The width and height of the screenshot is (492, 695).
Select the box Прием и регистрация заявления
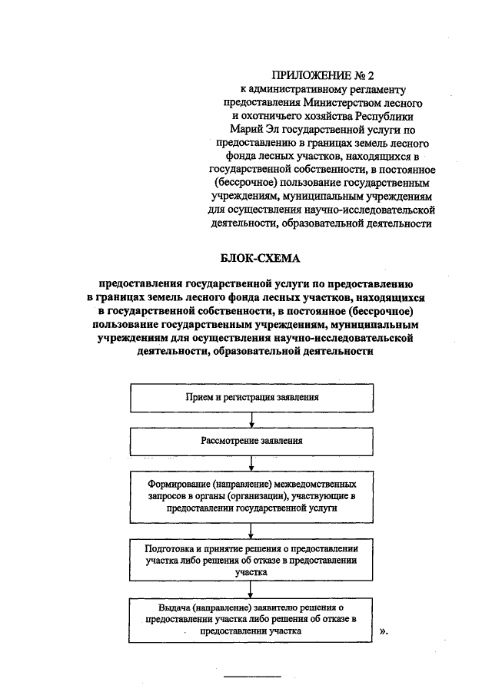pos(251,398)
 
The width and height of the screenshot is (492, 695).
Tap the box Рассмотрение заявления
pos(251,441)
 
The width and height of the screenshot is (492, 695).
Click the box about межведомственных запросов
pos(251,495)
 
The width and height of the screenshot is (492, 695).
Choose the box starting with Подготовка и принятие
pos(251,561)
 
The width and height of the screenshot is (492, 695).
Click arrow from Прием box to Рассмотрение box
pos(251,420)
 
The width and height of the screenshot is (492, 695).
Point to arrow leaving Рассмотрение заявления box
pos(251,463)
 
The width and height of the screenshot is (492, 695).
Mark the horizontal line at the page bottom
pos(252,677)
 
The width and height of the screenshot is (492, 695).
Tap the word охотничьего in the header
pos(276,115)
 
